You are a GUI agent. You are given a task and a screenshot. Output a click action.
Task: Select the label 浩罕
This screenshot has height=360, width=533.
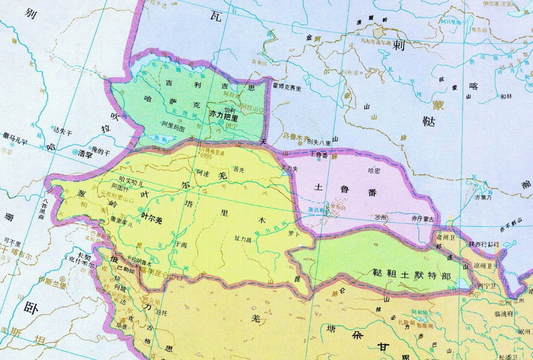tap(86, 152)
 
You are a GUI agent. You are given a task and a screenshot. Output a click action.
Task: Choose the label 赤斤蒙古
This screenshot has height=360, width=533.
tap(420, 217)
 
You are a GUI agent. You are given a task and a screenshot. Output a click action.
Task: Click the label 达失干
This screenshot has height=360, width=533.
tap(64, 131)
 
